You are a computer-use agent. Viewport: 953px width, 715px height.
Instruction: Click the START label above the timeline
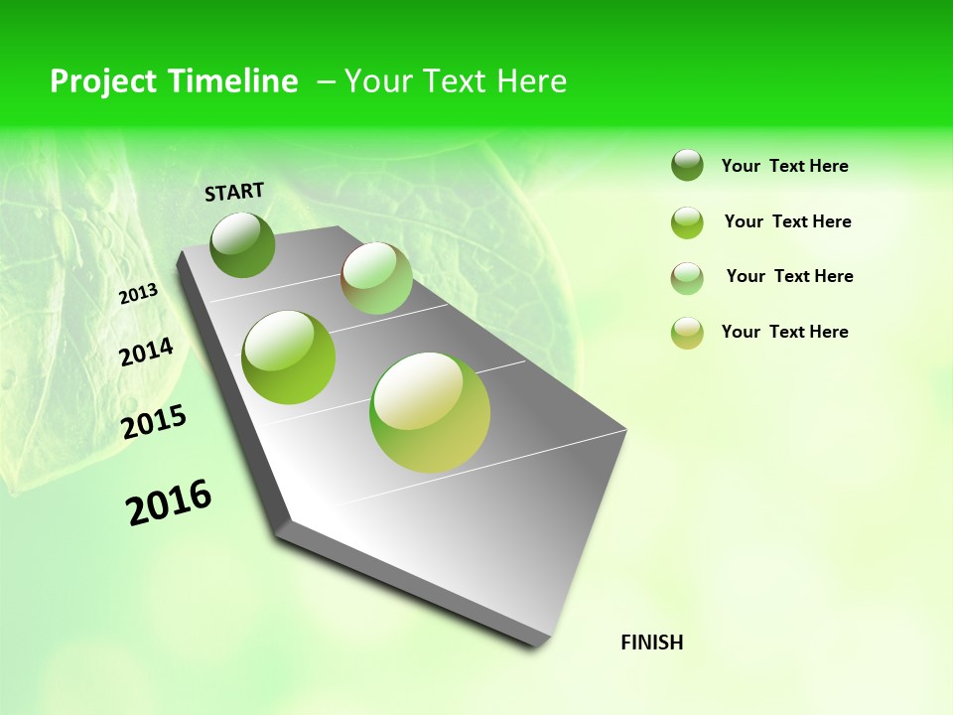tap(234, 192)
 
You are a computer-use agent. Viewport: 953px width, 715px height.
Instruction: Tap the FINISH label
tap(651, 643)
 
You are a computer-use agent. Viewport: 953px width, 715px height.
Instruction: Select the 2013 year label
tap(138, 294)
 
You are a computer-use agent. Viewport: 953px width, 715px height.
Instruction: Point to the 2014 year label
tap(146, 352)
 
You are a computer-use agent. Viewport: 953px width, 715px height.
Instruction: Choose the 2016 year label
tap(169, 501)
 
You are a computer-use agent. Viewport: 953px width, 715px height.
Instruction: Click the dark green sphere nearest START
tap(243, 244)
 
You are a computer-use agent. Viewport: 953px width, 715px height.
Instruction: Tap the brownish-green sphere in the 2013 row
tap(376, 278)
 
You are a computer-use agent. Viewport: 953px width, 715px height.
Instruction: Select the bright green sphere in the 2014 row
tap(289, 357)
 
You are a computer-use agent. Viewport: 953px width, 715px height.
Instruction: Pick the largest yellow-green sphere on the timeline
tap(430, 411)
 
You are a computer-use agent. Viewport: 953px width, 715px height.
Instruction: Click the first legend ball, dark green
tap(687, 165)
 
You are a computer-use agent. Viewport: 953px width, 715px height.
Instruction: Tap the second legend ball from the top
tap(687, 221)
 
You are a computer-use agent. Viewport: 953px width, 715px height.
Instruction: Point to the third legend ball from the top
tap(687, 277)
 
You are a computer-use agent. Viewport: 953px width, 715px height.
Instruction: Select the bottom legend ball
tap(687, 332)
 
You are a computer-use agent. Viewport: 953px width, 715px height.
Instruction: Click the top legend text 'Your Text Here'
tap(784, 166)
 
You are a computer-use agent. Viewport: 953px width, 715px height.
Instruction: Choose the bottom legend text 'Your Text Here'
tap(784, 332)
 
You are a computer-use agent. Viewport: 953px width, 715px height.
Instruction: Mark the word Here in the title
tap(531, 81)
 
